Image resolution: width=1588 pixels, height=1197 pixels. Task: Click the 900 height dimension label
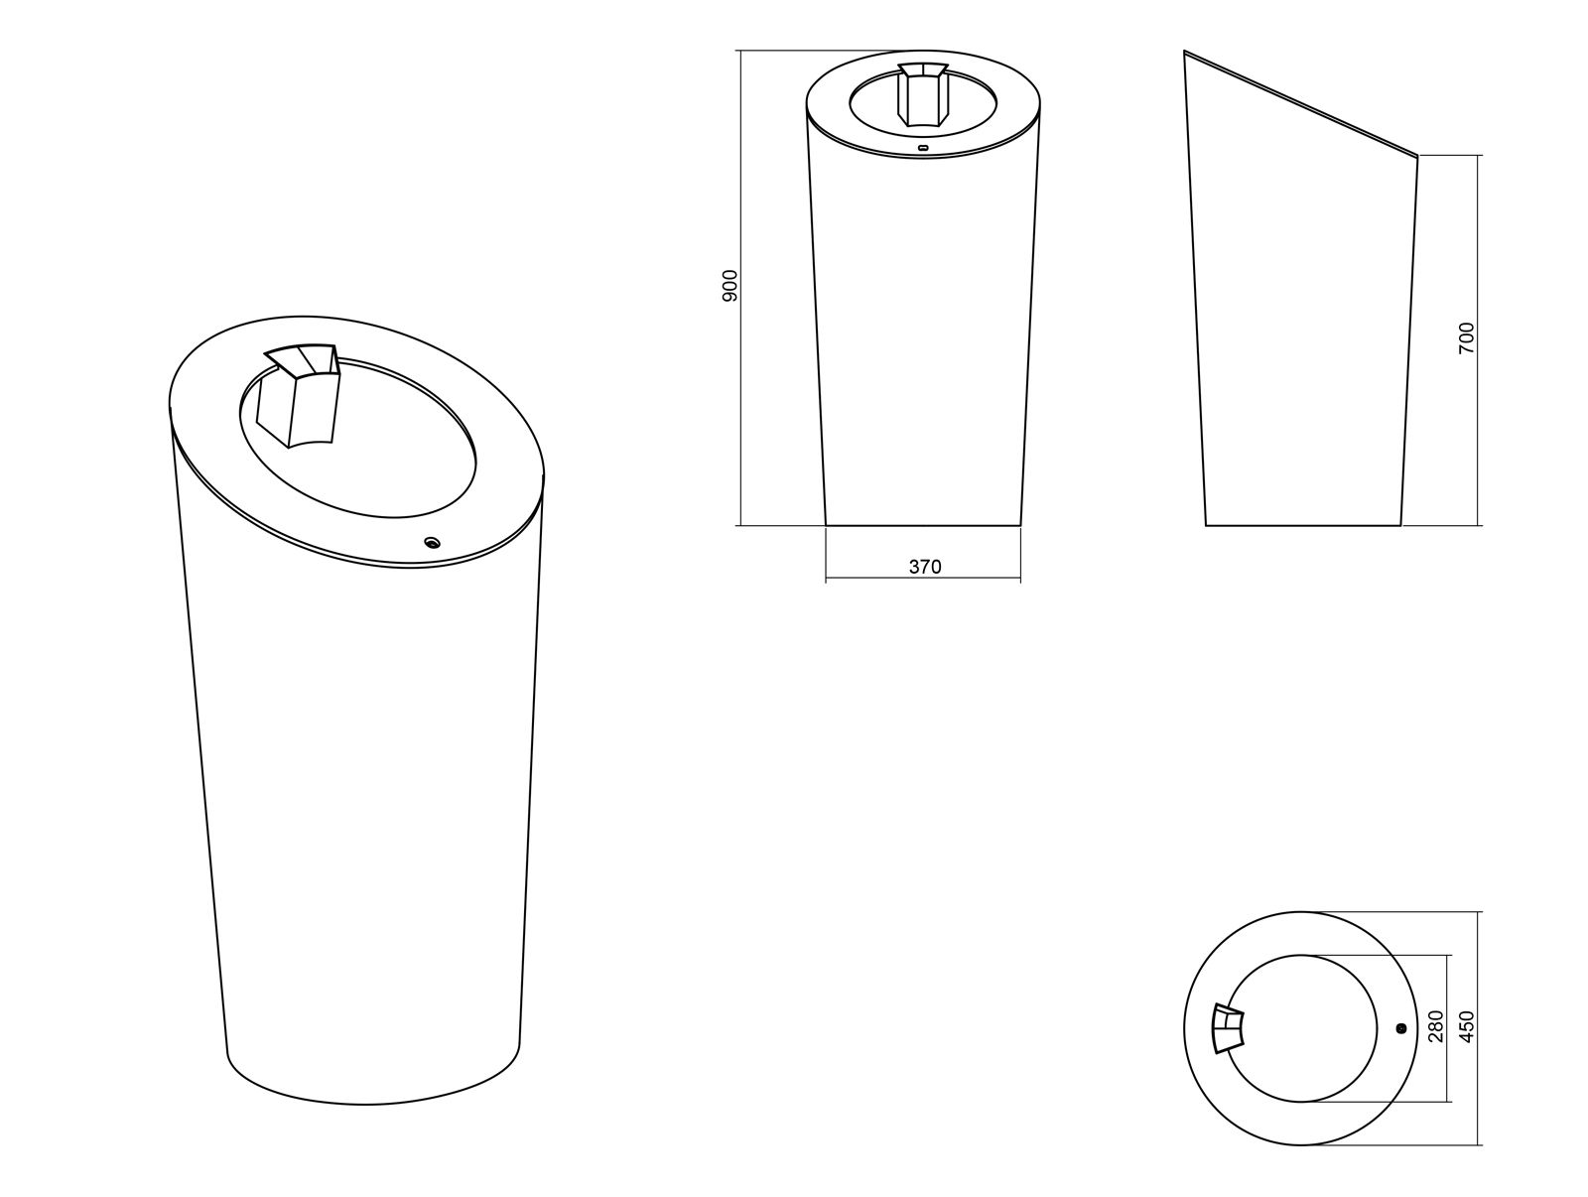(x=729, y=286)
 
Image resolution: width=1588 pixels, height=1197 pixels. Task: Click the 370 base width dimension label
(x=924, y=567)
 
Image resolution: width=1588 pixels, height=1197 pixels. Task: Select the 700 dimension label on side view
(x=1467, y=337)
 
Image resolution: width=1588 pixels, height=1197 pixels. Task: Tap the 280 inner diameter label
(x=1434, y=1026)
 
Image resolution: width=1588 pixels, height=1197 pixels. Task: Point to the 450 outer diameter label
(x=1467, y=1026)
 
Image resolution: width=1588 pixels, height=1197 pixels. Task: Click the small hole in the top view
(x=1400, y=1028)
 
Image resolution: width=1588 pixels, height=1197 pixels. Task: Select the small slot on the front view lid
(x=924, y=148)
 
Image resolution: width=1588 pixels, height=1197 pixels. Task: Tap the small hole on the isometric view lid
(x=432, y=542)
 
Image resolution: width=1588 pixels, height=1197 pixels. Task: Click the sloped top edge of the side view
(x=1300, y=103)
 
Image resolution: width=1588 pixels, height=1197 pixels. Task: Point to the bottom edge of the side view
(x=1302, y=525)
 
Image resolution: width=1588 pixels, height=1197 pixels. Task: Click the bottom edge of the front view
(x=923, y=525)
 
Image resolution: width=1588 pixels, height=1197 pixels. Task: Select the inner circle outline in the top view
(x=1377, y=1028)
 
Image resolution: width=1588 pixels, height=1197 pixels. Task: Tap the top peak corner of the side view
(x=1185, y=52)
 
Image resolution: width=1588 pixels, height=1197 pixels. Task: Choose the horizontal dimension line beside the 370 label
(x=873, y=579)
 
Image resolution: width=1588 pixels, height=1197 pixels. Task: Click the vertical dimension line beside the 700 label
(x=1478, y=447)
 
